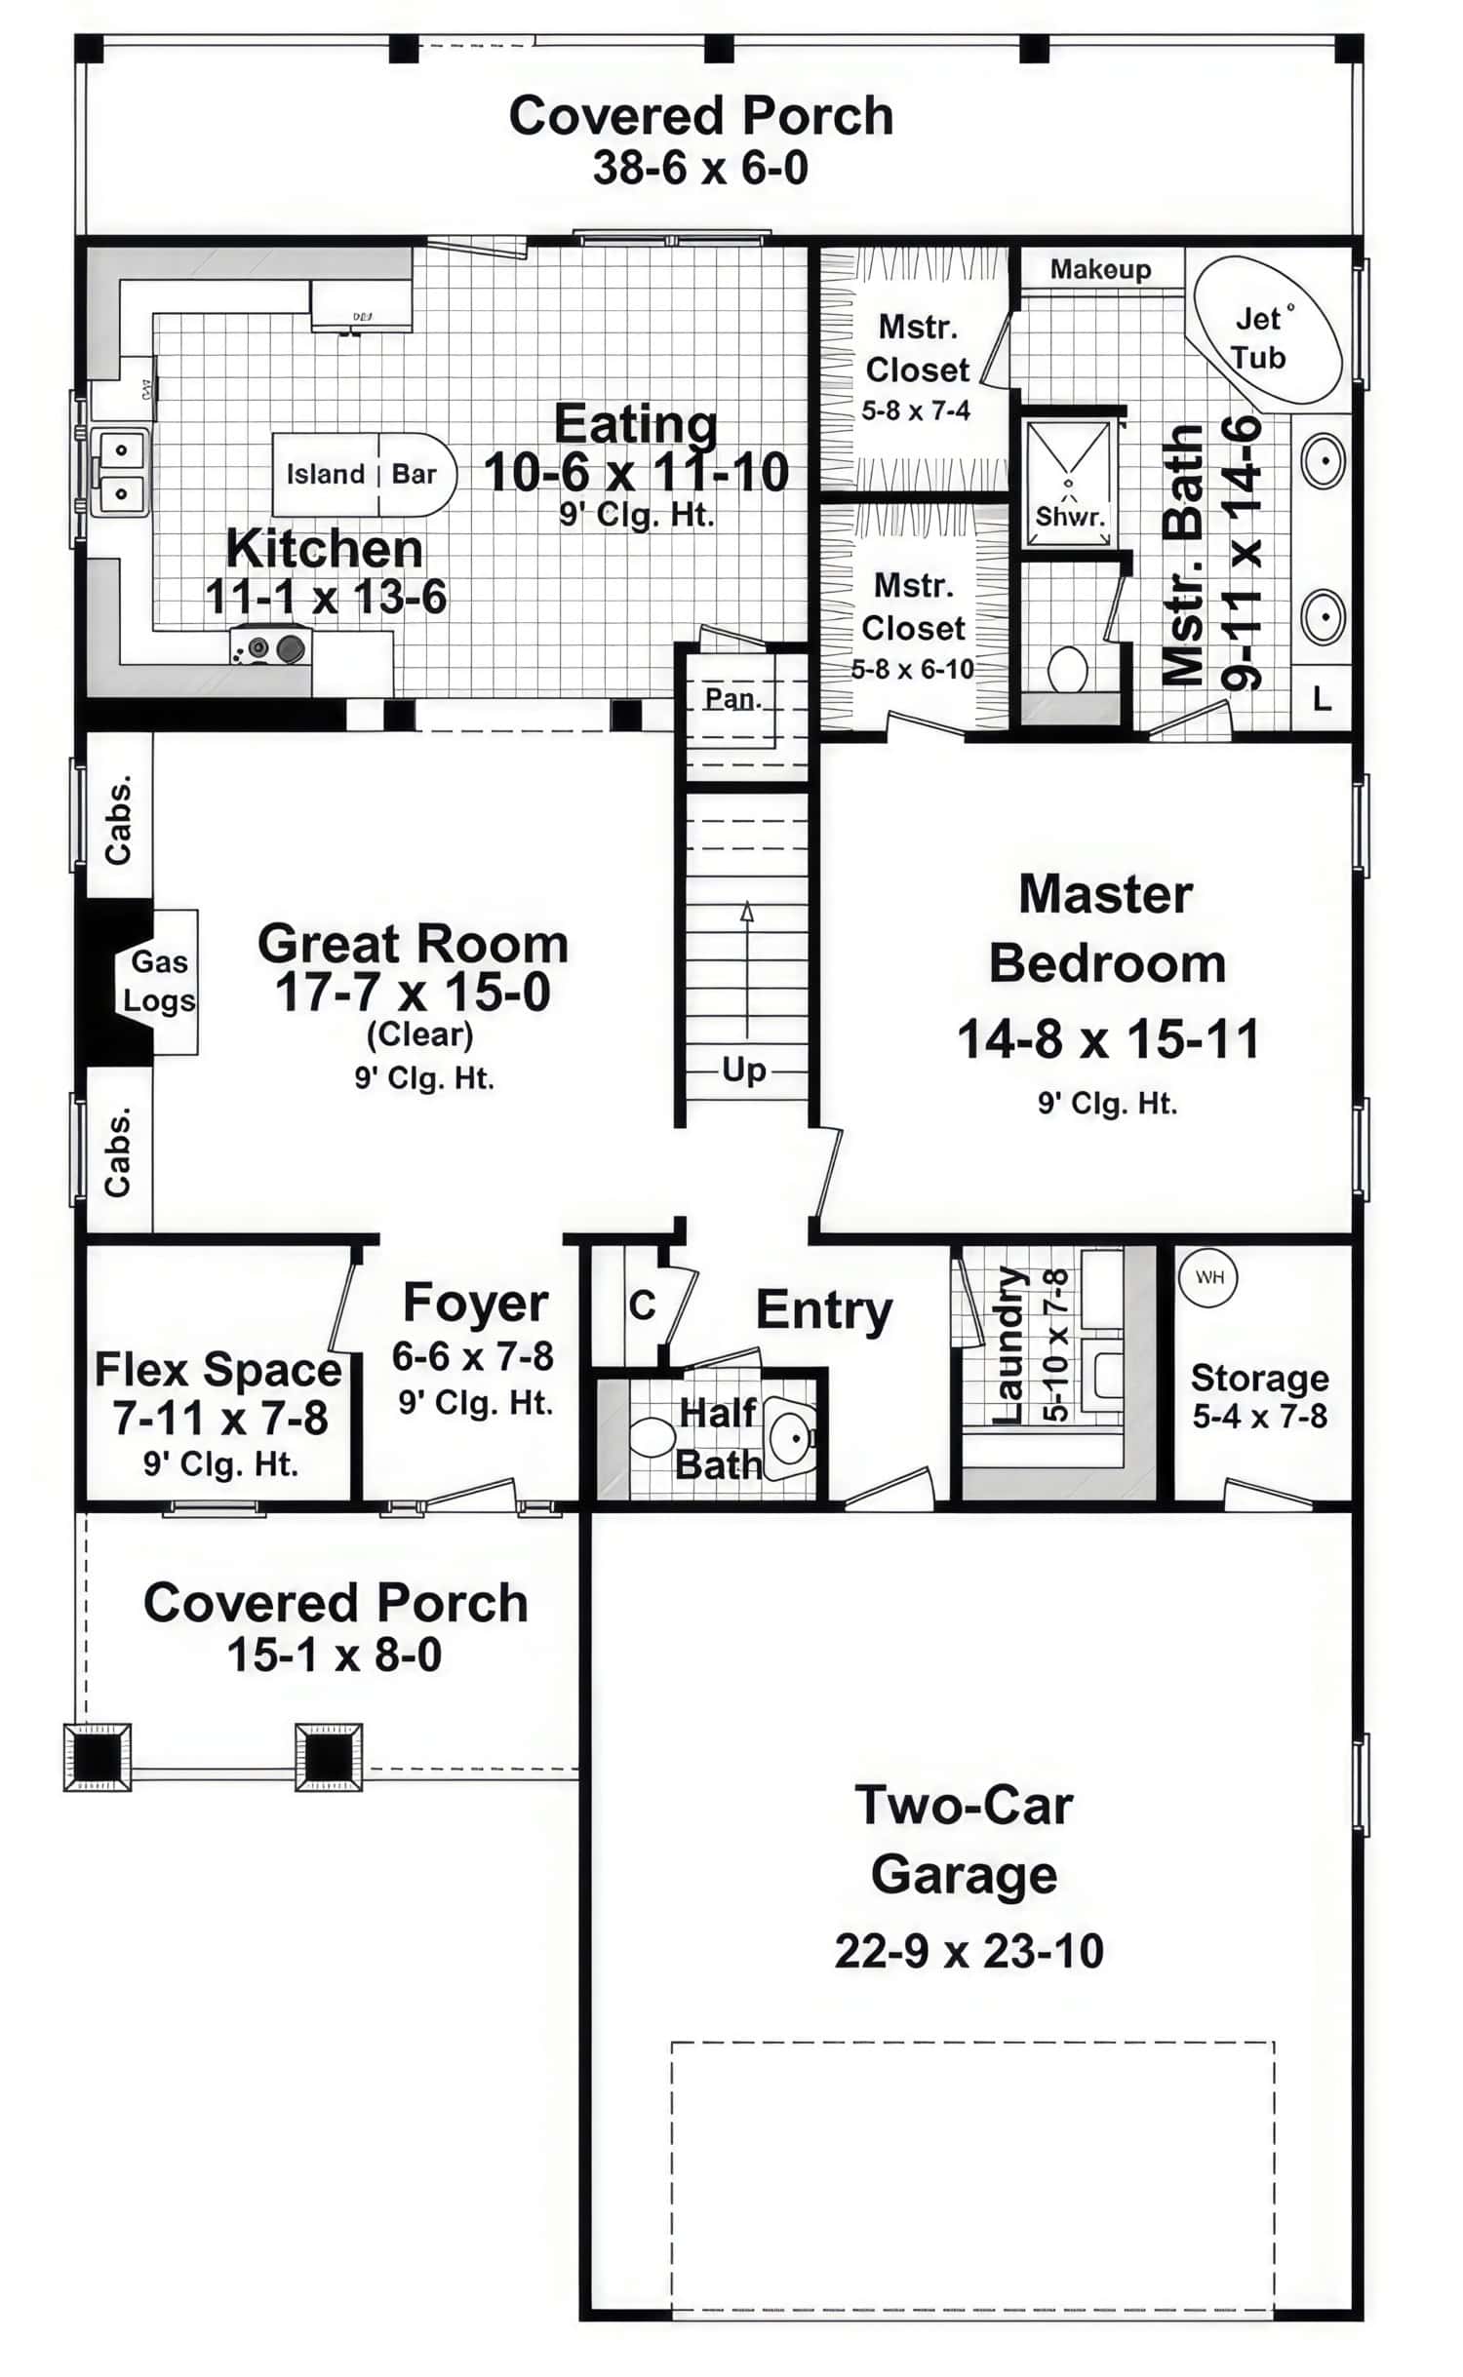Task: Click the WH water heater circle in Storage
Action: pyautogui.click(x=1208, y=1277)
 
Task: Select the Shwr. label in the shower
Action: pyautogui.click(x=1070, y=516)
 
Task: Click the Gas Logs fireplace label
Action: pyautogui.click(x=158, y=981)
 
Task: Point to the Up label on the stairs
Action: pyautogui.click(x=744, y=1071)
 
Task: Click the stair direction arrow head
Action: pyautogui.click(x=747, y=912)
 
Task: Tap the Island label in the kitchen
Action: pyautogui.click(x=325, y=475)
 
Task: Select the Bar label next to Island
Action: pyautogui.click(x=414, y=475)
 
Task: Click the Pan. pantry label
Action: pyautogui.click(x=732, y=698)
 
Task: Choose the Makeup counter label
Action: pyautogui.click(x=1100, y=269)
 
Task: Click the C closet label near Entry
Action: pyautogui.click(x=642, y=1305)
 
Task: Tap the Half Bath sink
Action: pyautogui.click(x=790, y=1437)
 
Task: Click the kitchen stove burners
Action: pyautogui.click(x=272, y=647)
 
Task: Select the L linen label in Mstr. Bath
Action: pyautogui.click(x=1321, y=698)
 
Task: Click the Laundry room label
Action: pyautogui.click(x=1008, y=1344)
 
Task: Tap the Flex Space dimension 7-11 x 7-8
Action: pyautogui.click(x=219, y=1418)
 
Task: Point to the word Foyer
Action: pyautogui.click(x=475, y=1304)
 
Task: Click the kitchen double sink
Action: pyautogui.click(x=120, y=471)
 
